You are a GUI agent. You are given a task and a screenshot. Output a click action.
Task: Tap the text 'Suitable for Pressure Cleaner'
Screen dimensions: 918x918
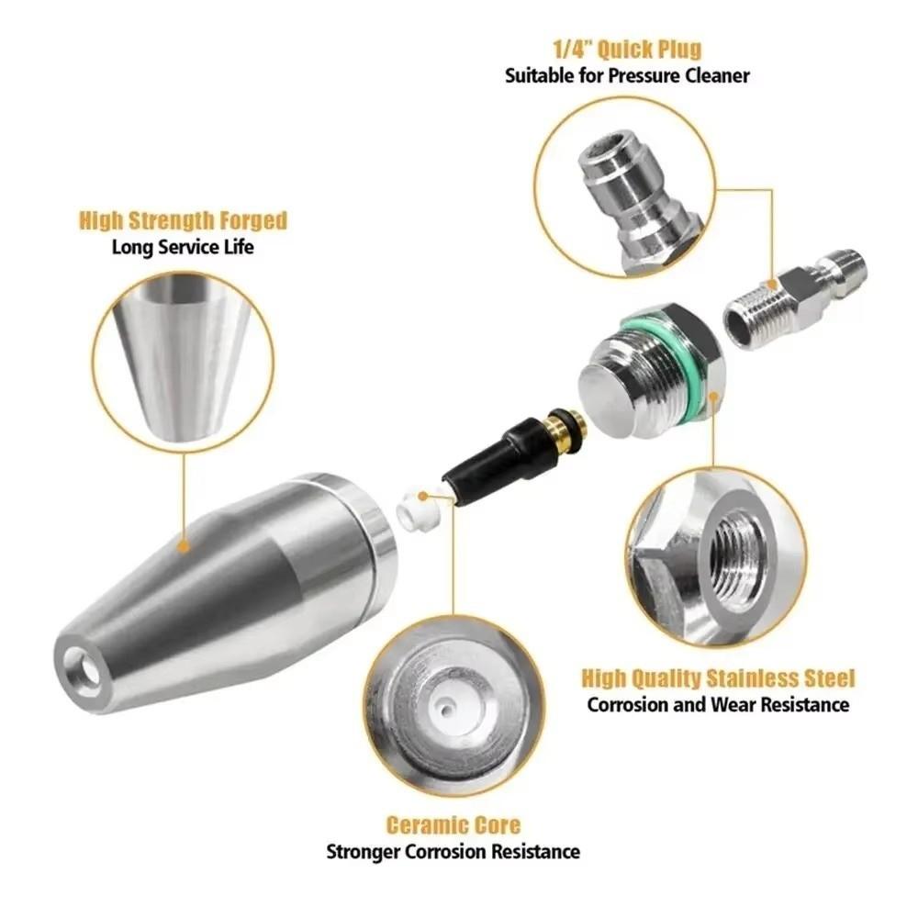pyautogui.click(x=627, y=75)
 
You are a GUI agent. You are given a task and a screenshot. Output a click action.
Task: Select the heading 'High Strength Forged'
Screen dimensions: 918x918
pyautogui.click(x=183, y=220)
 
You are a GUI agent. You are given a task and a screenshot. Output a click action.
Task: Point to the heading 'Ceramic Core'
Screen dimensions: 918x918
pyautogui.click(x=453, y=824)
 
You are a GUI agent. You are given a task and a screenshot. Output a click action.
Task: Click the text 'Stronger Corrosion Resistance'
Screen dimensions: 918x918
pyautogui.click(x=453, y=851)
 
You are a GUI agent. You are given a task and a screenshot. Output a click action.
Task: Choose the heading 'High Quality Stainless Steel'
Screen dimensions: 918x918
pyautogui.click(x=718, y=678)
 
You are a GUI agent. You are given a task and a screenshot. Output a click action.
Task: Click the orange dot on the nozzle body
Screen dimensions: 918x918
pyautogui.click(x=184, y=548)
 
